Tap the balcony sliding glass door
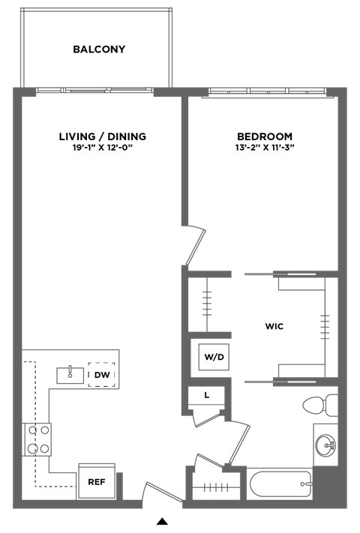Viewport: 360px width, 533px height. [95, 91]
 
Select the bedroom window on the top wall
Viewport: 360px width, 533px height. [268, 91]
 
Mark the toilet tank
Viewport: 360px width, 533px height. [332, 405]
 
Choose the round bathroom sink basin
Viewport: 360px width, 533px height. [326, 445]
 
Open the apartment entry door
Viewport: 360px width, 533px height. [161, 491]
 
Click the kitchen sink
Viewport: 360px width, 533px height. [70, 375]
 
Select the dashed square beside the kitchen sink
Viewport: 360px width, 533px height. [102, 373]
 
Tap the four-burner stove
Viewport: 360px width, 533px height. [38, 439]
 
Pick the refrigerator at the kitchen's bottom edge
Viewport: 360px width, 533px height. [97, 481]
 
